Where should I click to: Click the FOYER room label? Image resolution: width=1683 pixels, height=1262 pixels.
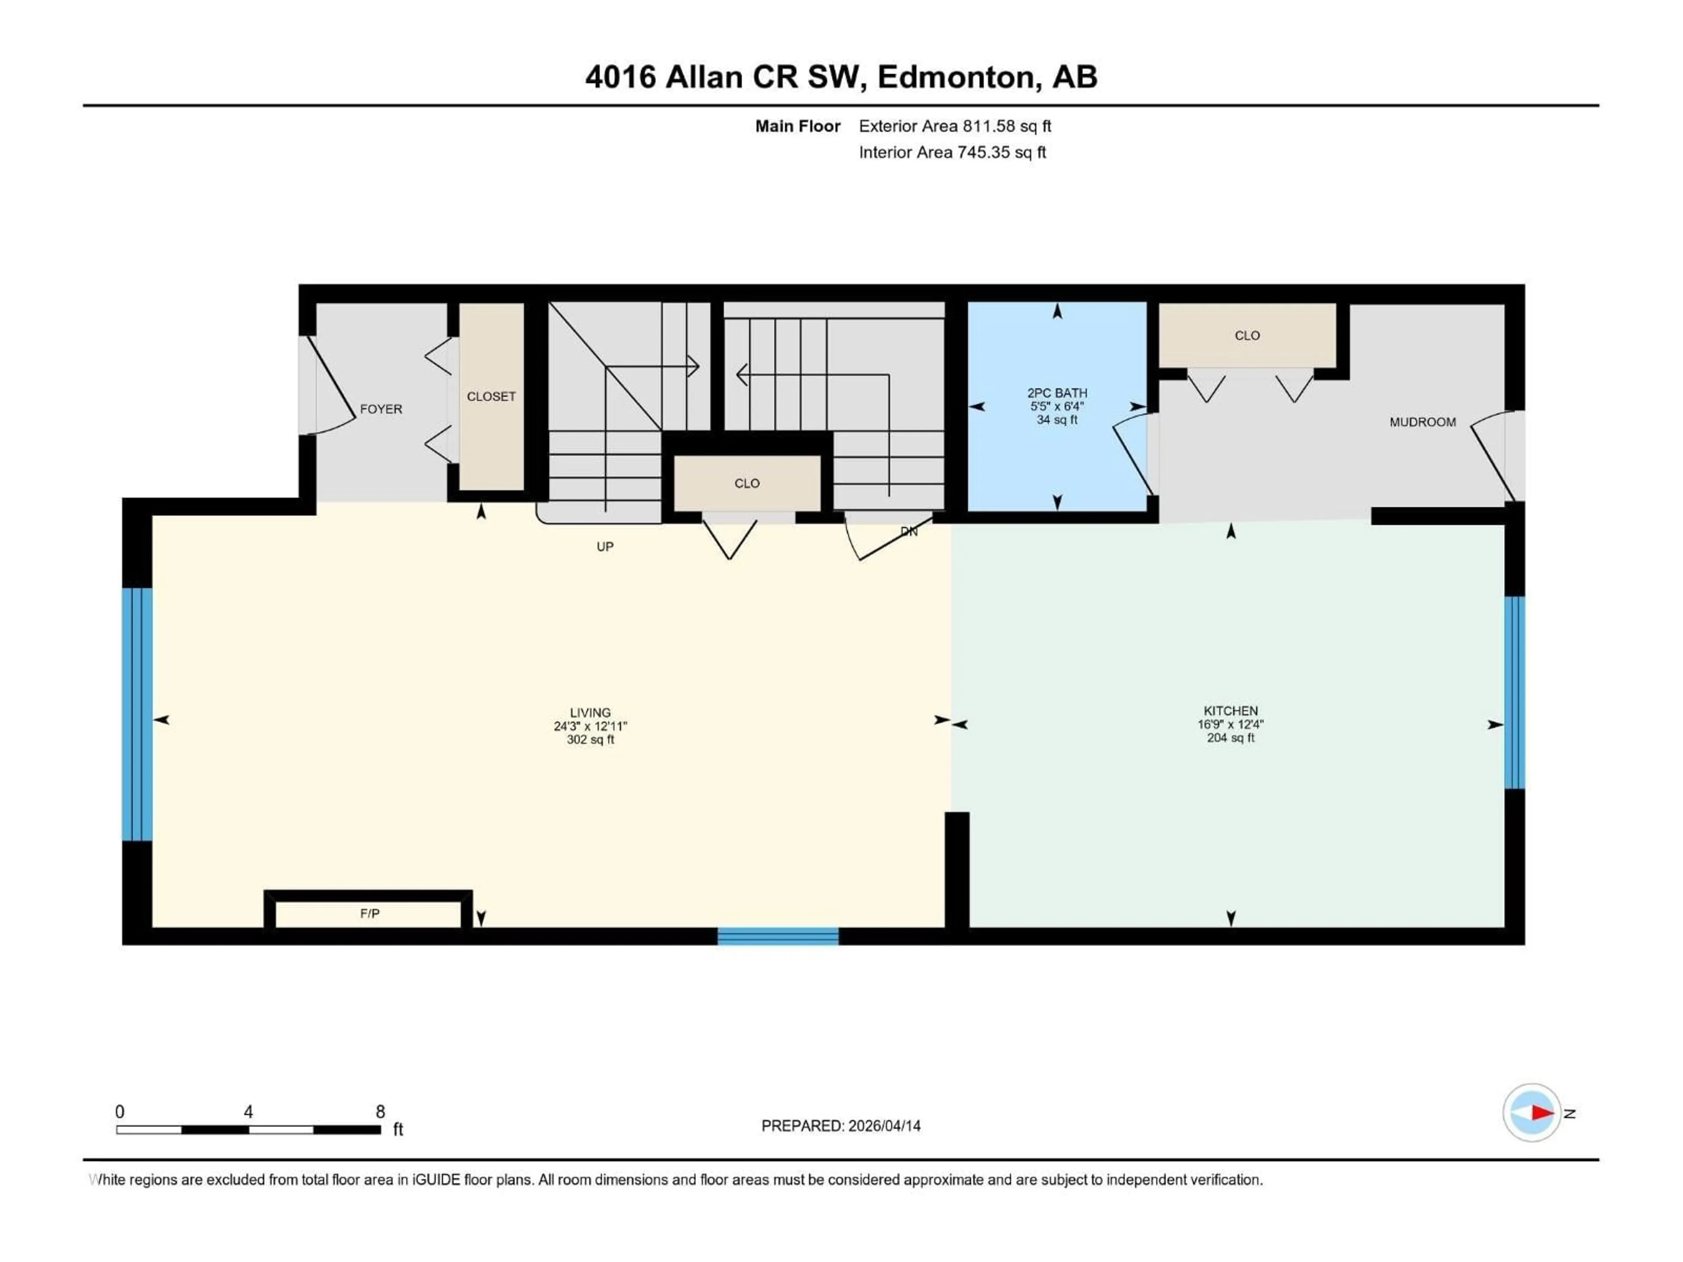tap(380, 409)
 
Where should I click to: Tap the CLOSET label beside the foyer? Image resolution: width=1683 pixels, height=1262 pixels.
tap(491, 396)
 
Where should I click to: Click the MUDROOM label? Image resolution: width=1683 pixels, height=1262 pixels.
tap(1422, 422)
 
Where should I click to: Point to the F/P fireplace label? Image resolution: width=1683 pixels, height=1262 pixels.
tap(370, 914)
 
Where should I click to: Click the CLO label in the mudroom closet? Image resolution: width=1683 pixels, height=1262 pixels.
tap(1246, 336)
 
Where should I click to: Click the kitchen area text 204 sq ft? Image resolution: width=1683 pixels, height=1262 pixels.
tap(1230, 738)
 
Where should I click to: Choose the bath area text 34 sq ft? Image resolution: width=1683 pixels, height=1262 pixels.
tap(1057, 420)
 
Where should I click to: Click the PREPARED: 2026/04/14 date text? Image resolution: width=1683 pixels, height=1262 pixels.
tap(841, 1126)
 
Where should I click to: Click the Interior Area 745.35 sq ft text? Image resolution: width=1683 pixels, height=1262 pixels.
tap(952, 152)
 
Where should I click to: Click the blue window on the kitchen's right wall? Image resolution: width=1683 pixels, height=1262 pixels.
tap(1514, 692)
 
